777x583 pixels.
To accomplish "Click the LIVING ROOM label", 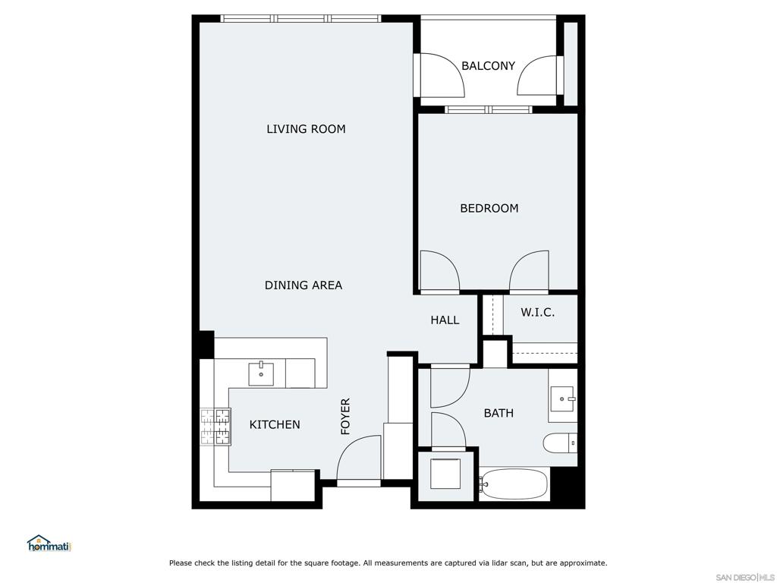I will (x=306, y=129).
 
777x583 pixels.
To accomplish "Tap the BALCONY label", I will (x=488, y=66).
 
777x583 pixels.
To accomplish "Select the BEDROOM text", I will (x=489, y=208).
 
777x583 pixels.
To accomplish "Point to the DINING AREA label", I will (x=303, y=285).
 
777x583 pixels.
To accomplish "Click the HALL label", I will (x=445, y=320).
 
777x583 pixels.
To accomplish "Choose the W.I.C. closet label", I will (x=537, y=312).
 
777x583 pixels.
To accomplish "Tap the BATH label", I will (x=499, y=413).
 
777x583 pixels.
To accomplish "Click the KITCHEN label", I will (x=275, y=424).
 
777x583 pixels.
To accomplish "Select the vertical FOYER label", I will (x=345, y=416).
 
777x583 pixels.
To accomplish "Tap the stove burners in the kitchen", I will (x=215, y=426).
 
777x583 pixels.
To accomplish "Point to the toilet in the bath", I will (x=560, y=443).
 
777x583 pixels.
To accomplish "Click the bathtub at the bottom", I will (x=515, y=484).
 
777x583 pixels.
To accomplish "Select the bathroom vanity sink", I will (x=562, y=395).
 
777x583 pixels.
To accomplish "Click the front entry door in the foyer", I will (x=358, y=460).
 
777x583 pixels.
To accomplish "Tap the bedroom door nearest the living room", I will (x=439, y=271).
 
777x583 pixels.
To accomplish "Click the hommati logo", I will (x=49, y=543).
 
